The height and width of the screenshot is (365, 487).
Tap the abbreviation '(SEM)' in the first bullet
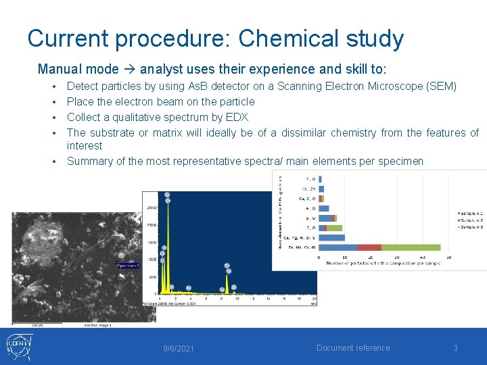coord(440,86)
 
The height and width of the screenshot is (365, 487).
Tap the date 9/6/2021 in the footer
coord(179,348)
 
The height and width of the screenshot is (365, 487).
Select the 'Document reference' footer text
coord(353,348)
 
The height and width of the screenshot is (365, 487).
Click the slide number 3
coord(455,348)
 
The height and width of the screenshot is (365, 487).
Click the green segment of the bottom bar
coord(411,247)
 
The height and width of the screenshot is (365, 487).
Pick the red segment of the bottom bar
coord(369,247)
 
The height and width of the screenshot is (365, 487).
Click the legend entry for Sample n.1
coord(470,214)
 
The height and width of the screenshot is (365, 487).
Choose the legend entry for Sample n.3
coord(470,228)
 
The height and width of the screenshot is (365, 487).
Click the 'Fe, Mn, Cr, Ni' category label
coord(300,248)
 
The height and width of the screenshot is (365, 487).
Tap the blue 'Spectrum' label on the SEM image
coord(128,266)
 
